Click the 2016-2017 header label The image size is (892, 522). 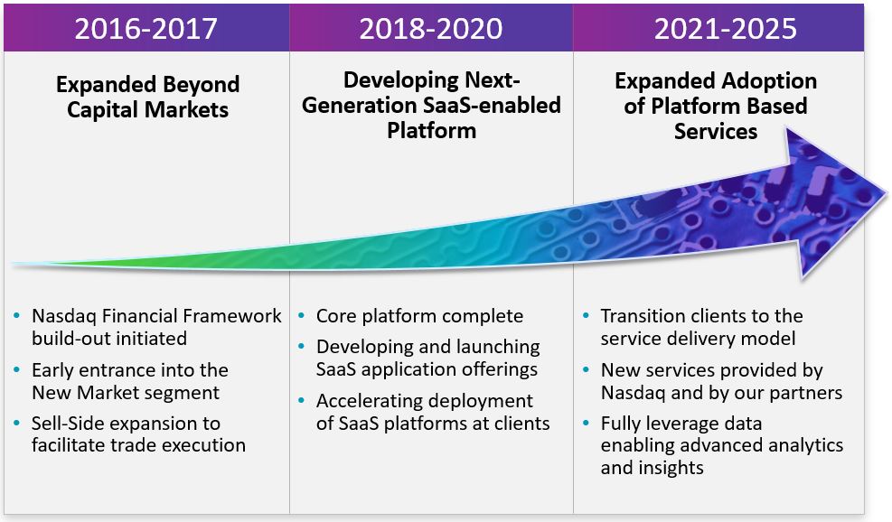click(146, 28)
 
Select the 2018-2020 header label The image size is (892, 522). click(431, 28)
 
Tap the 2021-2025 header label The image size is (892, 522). click(726, 28)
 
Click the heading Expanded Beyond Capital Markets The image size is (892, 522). click(147, 98)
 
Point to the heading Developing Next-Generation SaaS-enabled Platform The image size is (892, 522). click(431, 105)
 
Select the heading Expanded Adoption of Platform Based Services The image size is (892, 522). click(716, 106)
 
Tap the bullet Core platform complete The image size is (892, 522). click(419, 316)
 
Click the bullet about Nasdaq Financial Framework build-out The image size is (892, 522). click(155, 327)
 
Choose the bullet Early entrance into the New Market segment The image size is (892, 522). click(129, 381)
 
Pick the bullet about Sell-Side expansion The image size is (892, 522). click(137, 433)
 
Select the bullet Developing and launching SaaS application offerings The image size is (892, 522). click(427, 358)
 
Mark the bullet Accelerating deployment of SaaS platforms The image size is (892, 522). click(432, 412)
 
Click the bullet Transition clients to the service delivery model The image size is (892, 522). click(701, 327)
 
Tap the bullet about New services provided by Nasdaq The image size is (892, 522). click(720, 381)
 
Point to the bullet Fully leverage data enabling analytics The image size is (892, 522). click(720, 445)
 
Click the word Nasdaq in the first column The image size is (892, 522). click(61, 316)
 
